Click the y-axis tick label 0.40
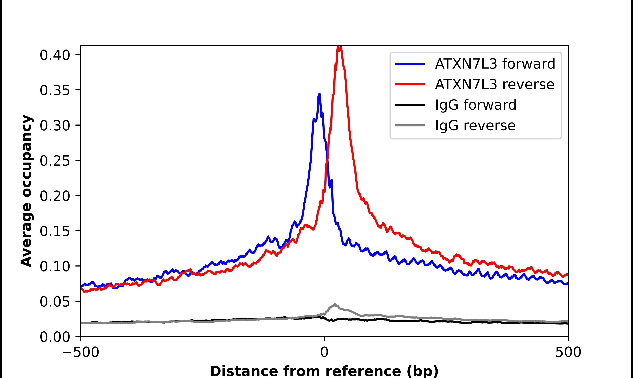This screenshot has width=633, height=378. coord(55,55)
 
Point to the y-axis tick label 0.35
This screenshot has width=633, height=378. coord(55,90)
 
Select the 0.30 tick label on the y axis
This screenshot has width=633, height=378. coord(55,126)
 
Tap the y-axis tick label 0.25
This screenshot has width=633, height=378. coord(55,161)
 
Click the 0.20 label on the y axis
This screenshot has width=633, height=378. coord(55,196)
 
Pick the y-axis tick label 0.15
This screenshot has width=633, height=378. coord(55,231)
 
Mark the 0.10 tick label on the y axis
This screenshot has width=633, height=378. coord(55,266)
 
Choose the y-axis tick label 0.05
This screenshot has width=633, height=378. coord(55,302)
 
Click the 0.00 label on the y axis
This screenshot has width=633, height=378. coord(55,337)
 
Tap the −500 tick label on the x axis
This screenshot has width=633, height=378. coord(80,352)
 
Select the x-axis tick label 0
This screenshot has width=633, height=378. coord(324,352)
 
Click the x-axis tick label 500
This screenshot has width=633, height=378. coord(568,352)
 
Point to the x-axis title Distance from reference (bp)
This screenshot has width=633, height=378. coord(324,371)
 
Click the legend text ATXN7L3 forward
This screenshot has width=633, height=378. coord(495,64)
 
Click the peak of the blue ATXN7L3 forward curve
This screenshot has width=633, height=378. coord(319,94)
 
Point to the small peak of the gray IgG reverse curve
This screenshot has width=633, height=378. coord(335,304)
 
